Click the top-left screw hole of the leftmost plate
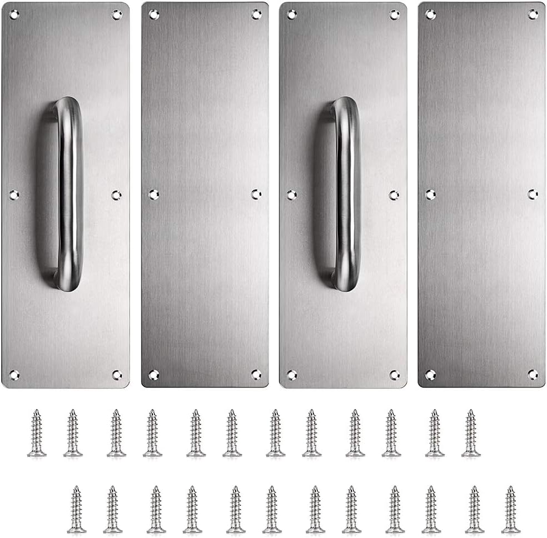[14, 14]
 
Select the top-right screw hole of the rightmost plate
[533, 14]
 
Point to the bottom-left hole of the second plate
[153, 375]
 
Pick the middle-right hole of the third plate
[394, 195]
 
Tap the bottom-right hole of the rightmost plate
[533, 375]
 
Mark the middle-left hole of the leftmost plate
[14, 195]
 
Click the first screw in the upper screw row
[37, 434]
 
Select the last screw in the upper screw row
[471, 434]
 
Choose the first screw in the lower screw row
[77, 510]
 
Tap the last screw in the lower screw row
[511, 510]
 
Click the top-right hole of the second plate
[256, 14]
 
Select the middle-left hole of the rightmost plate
[430, 195]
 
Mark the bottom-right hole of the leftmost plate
[117, 375]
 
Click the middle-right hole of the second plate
[256, 194]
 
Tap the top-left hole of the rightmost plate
[430, 14]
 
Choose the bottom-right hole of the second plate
[256, 375]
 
